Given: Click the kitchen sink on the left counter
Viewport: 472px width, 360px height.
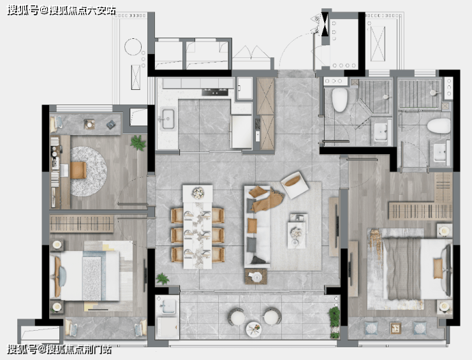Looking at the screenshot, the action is click(167, 119).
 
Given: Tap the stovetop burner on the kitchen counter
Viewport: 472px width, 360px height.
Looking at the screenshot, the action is click(215, 92).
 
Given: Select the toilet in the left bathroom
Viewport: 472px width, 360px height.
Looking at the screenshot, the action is click(340, 99).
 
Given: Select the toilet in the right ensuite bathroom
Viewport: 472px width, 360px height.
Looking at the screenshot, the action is click(439, 126).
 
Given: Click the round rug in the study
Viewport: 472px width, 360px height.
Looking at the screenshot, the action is click(89, 171).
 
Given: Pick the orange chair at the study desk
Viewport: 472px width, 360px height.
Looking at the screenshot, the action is click(78, 170).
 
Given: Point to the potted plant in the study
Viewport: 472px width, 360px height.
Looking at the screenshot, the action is click(138, 143).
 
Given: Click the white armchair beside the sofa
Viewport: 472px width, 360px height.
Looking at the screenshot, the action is click(295, 184).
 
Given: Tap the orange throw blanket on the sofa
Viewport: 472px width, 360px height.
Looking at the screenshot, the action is click(267, 199).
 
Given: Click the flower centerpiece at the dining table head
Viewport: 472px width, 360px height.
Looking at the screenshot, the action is click(198, 193).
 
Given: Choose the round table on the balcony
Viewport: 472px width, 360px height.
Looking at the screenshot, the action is click(253, 329).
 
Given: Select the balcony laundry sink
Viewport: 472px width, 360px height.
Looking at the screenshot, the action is click(167, 306).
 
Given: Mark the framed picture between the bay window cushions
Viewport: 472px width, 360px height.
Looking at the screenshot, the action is click(395, 328).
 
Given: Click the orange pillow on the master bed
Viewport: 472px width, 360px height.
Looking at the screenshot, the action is click(438, 269).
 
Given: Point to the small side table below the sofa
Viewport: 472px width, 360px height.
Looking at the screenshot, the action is click(256, 277).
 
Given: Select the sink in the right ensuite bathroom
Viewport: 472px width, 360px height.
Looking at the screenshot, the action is click(440, 152).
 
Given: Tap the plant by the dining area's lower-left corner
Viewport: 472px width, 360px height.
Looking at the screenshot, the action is click(163, 279).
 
